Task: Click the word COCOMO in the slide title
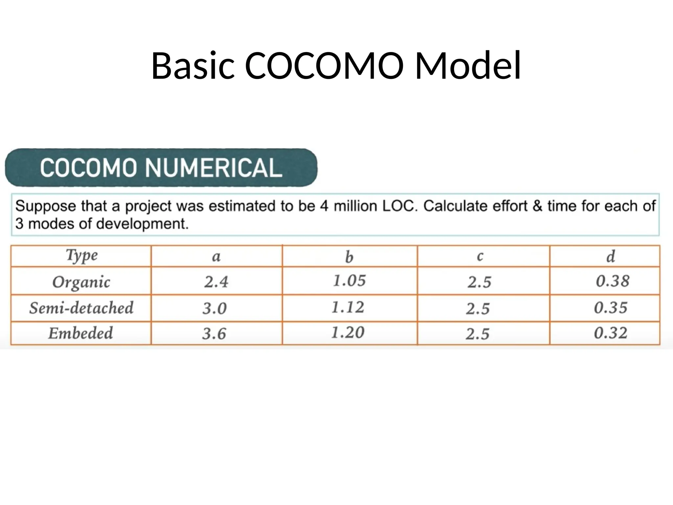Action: [x=324, y=66]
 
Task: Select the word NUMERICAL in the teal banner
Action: [x=214, y=168]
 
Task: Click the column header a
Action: [x=216, y=256]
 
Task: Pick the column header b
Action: [x=349, y=257]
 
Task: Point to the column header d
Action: [x=611, y=256]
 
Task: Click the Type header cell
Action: [x=82, y=255]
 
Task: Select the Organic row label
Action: [x=81, y=282]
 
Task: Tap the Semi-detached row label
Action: [x=81, y=308]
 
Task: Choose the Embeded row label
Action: [x=81, y=333]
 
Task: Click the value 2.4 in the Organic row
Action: [x=216, y=282]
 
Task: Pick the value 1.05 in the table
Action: [x=349, y=281]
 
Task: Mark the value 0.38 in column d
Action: [x=613, y=281]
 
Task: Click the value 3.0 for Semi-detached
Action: [x=214, y=308]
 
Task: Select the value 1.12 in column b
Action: [x=348, y=307]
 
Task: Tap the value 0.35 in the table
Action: [x=611, y=308]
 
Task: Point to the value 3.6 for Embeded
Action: [x=214, y=334]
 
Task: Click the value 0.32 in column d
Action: [x=611, y=333]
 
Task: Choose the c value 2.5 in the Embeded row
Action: [x=477, y=334]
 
